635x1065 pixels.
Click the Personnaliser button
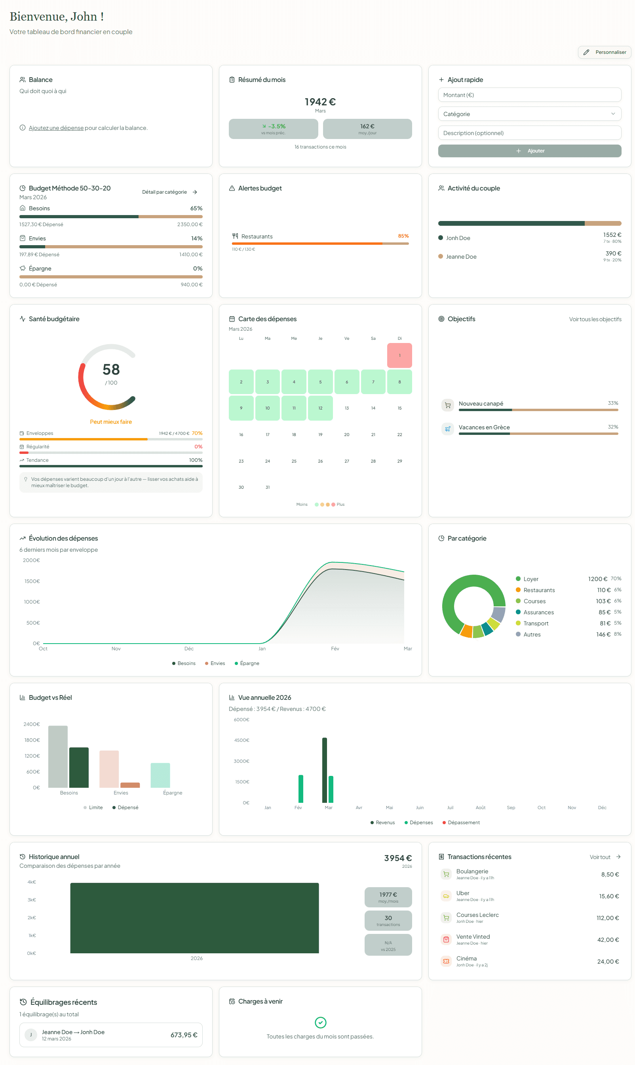pyautogui.click(x=604, y=52)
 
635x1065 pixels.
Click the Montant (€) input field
pyautogui.click(x=529, y=95)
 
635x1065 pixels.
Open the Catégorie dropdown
pyautogui.click(x=529, y=114)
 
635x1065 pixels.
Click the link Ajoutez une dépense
pyautogui.click(x=56, y=128)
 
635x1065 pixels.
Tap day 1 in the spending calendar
pyautogui.click(x=399, y=355)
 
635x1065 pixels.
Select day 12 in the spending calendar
pyautogui.click(x=320, y=408)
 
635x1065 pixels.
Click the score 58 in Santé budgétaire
pyautogui.click(x=111, y=370)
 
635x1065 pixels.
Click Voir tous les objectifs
pyautogui.click(x=595, y=319)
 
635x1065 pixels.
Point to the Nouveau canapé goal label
pyautogui.click(x=481, y=404)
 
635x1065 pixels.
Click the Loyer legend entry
pyautogui.click(x=530, y=579)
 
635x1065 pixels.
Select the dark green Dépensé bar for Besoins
pyautogui.click(x=79, y=767)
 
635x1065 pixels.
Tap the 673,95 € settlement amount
pyautogui.click(x=184, y=1035)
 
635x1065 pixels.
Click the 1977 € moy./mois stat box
pyautogui.click(x=388, y=897)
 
